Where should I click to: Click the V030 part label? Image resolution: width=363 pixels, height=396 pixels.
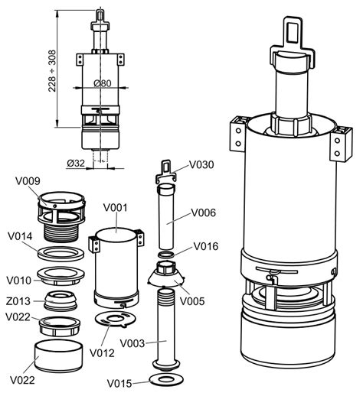(201, 164)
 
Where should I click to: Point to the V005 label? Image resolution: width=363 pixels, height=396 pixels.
(193, 301)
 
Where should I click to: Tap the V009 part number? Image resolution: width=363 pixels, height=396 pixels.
(28, 181)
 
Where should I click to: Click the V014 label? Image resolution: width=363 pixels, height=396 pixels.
(21, 236)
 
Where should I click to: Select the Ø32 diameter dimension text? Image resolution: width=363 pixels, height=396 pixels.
(76, 162)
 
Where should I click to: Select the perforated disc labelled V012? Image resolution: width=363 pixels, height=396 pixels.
(114, 318)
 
